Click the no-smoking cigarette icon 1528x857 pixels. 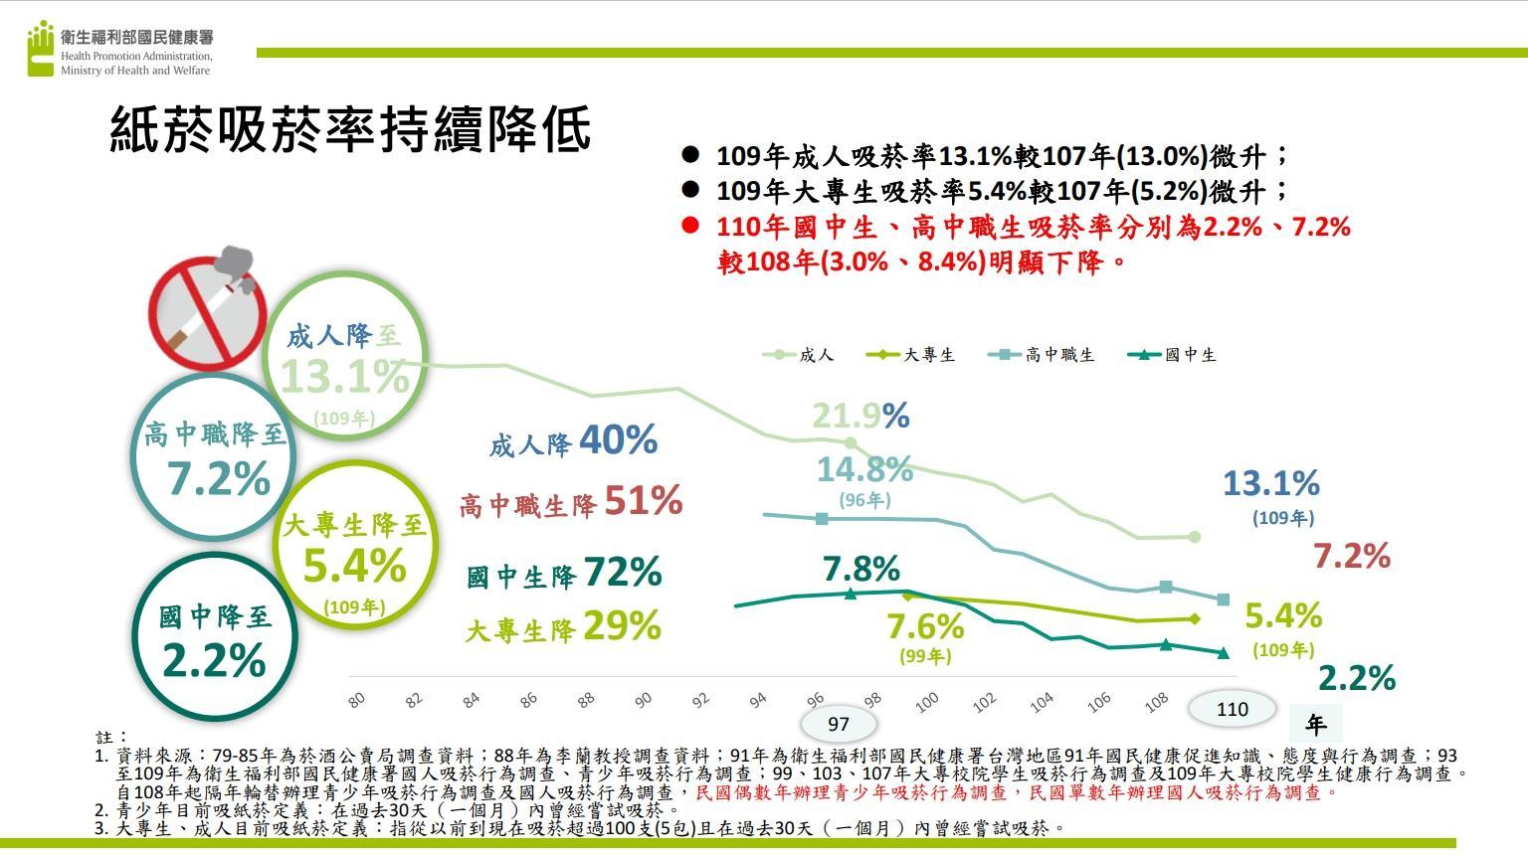207,305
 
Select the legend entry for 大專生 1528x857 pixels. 911,355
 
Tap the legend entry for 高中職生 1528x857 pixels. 1043,355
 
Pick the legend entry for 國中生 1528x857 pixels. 1174,355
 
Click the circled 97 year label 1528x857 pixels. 838,723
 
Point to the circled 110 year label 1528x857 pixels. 1232,709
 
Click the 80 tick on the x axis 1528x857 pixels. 357,700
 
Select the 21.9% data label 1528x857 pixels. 859,416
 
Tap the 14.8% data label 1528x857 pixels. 864,468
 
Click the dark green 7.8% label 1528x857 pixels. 861,569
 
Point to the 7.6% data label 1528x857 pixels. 925,626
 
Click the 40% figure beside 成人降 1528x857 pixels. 618,439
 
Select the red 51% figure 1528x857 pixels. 643,500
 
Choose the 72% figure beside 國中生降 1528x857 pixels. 622,572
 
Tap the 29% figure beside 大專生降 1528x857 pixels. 622,625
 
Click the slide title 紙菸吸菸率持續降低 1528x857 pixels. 350,129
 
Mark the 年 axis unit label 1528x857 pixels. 1315,724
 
